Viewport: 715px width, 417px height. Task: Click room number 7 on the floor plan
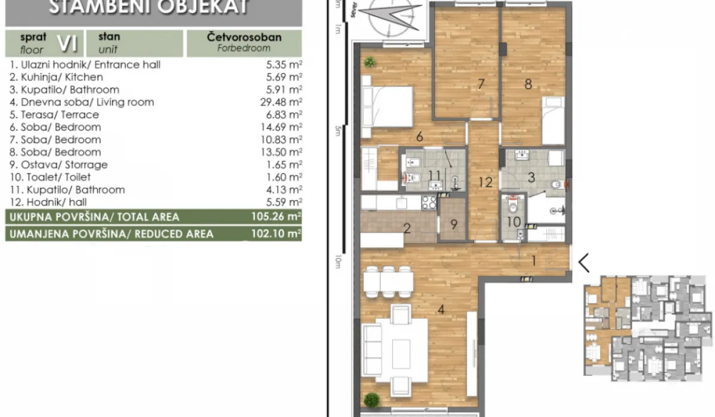[481, 84]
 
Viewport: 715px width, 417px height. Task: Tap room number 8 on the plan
[528, 84]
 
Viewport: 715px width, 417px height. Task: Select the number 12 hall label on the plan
[486, 182]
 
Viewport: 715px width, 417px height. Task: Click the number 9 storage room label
[453, 225]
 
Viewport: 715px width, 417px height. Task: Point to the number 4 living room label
[441, 309]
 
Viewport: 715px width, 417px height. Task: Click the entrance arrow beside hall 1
[584, 262]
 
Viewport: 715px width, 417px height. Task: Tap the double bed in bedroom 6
[387, 106]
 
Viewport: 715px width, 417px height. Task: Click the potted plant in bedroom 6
[370, 61]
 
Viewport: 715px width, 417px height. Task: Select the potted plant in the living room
[372, 399]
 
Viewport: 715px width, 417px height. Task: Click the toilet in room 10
[512, 206]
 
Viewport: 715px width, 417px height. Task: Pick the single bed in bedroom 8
[553, 122]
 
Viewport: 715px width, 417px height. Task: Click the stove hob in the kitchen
[429, 203]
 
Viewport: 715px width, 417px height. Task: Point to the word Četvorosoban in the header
[244, 38]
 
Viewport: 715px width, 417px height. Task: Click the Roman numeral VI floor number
[67, 42]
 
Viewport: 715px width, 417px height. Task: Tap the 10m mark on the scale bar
[338, 260]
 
